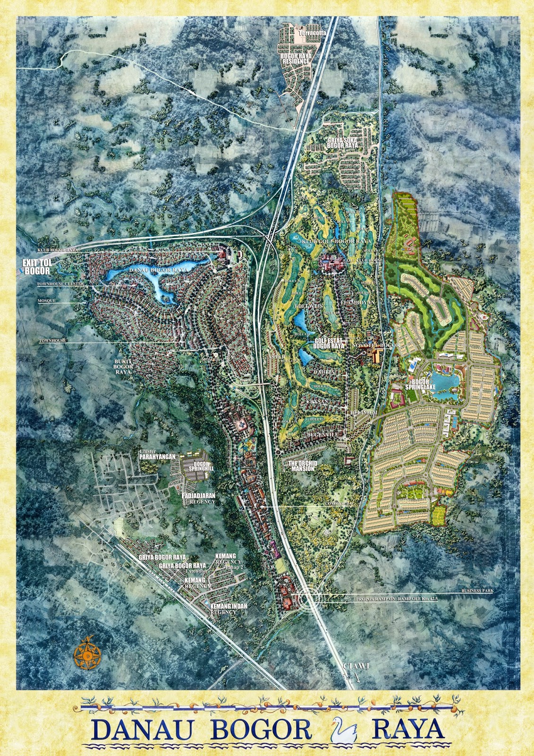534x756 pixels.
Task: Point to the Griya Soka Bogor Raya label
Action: tap(342, 143)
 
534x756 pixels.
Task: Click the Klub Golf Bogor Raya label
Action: tap(331, 241)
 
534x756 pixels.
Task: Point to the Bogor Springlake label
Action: tap(419, 383)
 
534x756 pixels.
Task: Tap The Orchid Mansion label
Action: tap(302, 466)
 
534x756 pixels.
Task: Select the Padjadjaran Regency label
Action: tap(198, 498)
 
